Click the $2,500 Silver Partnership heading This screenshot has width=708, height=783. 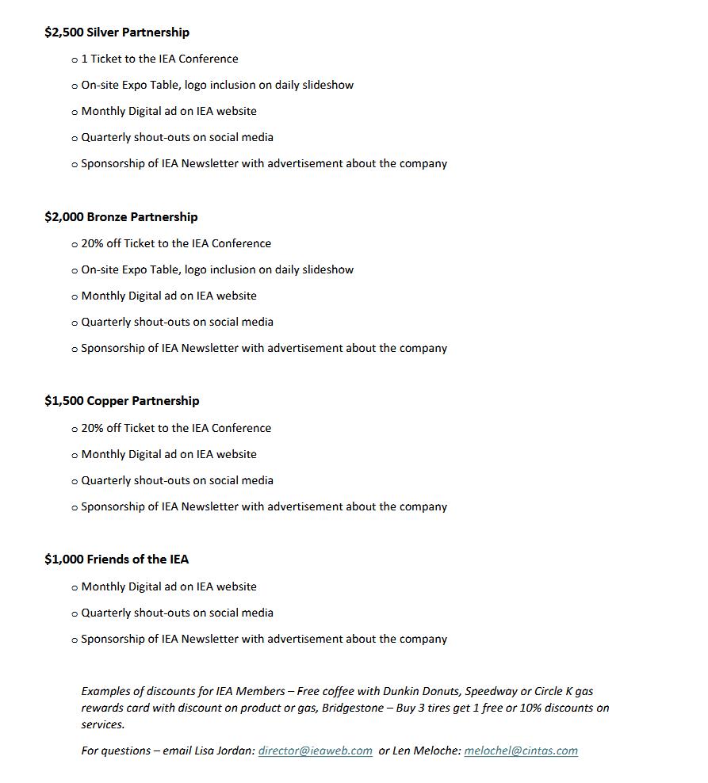tap(117, 32)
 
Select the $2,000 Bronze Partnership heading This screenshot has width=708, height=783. tap(121, 217)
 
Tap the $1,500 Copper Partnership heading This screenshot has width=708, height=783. tap(121, 401)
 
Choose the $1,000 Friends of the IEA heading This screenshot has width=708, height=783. tap(117, 560)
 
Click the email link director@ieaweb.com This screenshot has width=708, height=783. tap(315, 751)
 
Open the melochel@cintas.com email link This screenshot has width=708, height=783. tap(521, 751)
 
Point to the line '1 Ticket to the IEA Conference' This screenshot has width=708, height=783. tap(159, 59)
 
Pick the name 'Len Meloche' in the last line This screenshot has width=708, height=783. tap(427, 751)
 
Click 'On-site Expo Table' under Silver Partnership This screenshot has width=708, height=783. tap(130, 85)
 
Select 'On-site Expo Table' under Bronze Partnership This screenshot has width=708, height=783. tap(130, 269)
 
